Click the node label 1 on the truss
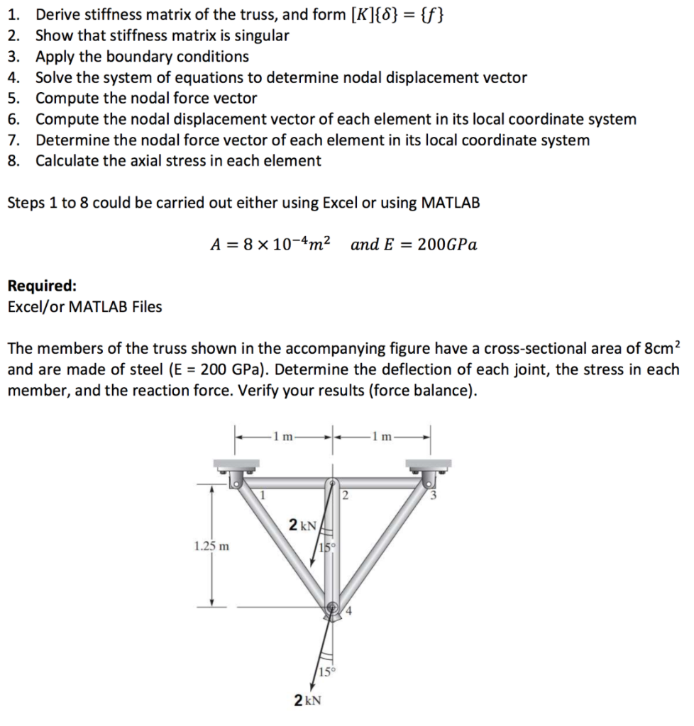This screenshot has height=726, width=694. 263,495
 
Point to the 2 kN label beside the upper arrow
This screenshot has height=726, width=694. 302,525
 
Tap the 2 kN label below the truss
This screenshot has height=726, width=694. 307,700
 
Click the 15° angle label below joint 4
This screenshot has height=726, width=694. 326,671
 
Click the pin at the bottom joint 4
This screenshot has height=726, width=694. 332,608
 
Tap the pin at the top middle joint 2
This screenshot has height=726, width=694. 332,484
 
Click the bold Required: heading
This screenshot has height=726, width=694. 42,286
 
